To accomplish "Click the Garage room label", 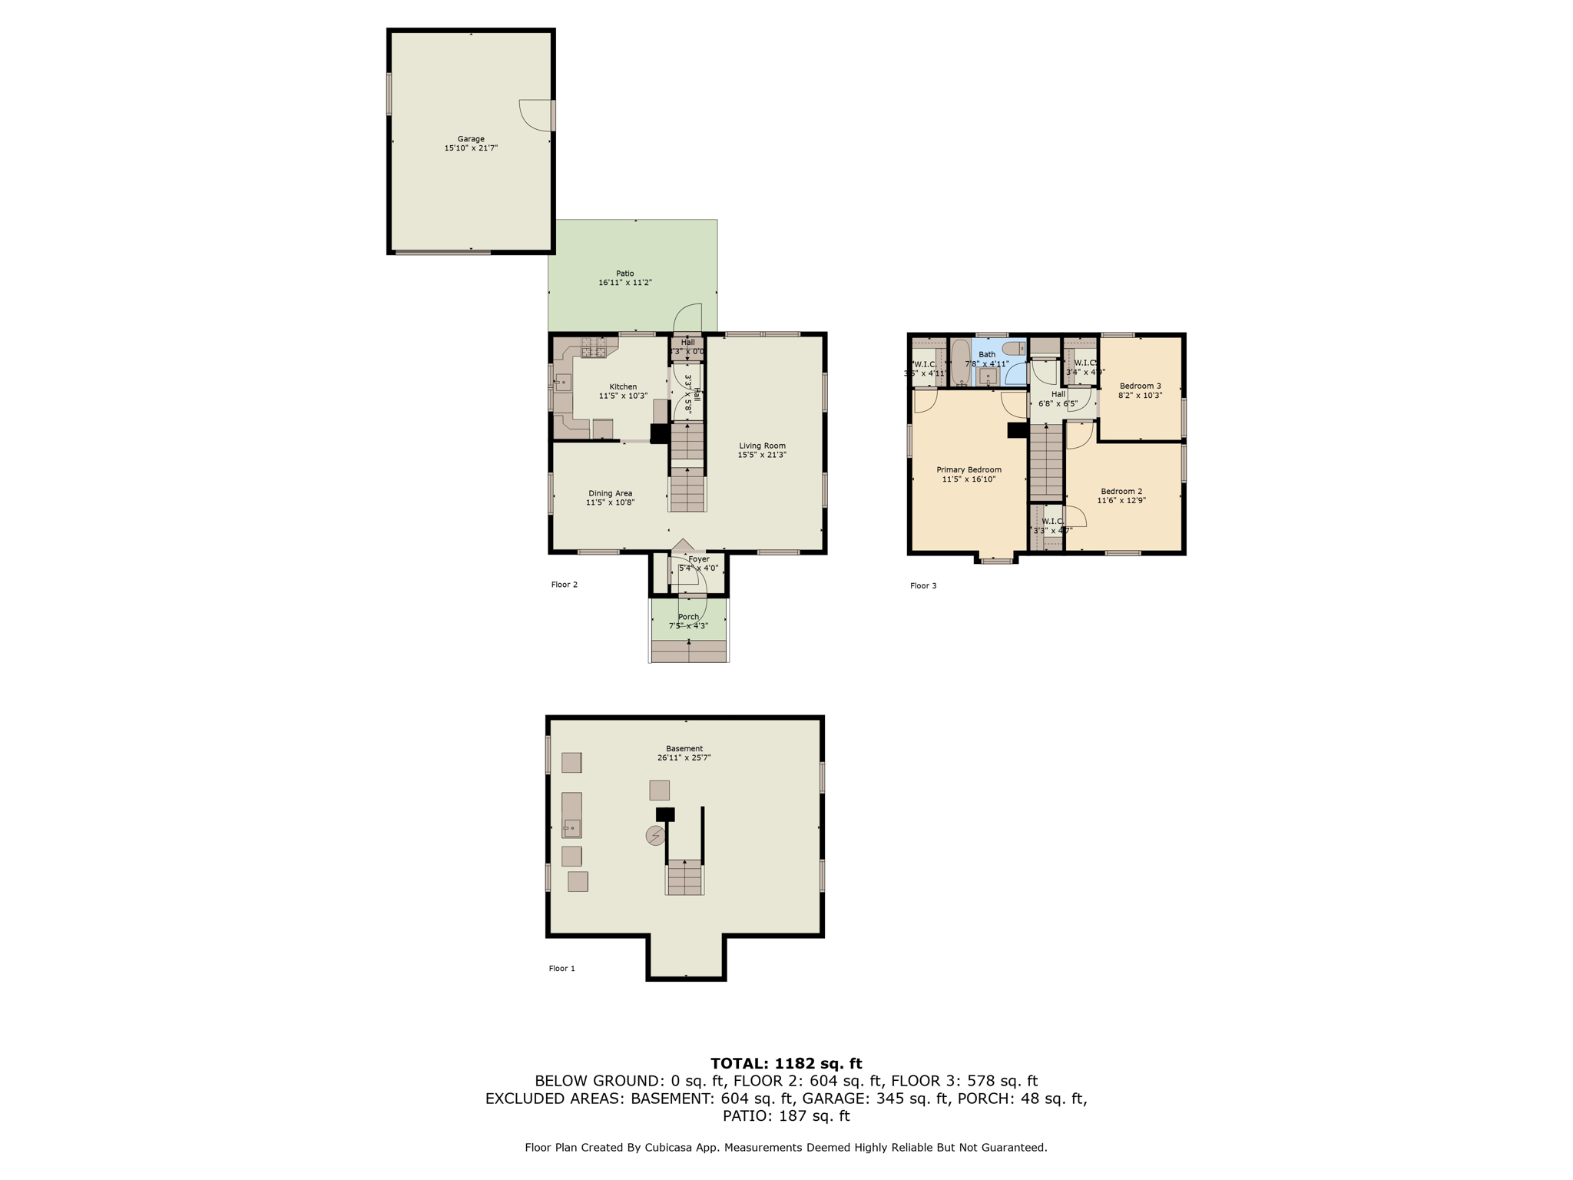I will (x=471, y=139).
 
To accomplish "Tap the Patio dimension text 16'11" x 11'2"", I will (x=624, y=283).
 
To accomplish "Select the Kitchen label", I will (x=623, y=386).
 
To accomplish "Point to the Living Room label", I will (x=762, y=446).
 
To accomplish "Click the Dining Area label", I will (x=610, y=493).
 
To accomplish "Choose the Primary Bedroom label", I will (x=969, y=469).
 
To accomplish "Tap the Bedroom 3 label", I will (x=1140, y=386).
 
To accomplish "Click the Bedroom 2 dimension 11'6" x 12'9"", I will (x=1121, y=501).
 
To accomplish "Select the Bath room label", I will (x=986, y=355).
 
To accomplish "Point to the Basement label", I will (x=684, y=748).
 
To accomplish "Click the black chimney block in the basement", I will (x=665, y=814).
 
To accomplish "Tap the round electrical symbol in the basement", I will (x=655, y=835).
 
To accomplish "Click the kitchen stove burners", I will (x=593, y=347).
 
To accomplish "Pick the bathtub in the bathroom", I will (x=960, y=363).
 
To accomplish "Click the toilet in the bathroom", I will (x=1013, y=349).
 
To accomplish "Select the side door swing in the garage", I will (x=535, y=116).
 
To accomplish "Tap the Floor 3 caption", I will (x=923, y=585).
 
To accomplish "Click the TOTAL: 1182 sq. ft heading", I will (x=786, y=1063).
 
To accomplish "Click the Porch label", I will (x=688, y=617).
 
